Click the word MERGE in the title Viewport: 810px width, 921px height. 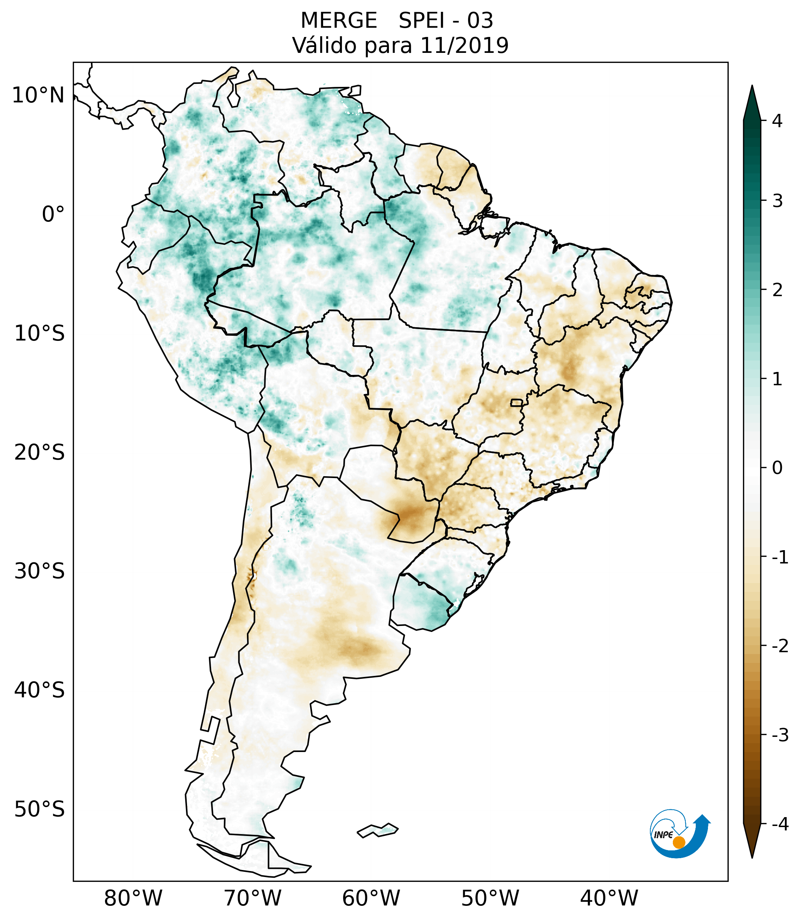pos(338,21)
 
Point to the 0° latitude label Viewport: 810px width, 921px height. pos(53,214)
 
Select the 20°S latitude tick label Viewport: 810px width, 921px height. pos(40,453)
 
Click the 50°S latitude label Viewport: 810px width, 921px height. pos(40,809)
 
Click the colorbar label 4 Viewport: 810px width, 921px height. pos(777,121)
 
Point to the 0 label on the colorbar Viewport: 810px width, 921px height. pos(777,468)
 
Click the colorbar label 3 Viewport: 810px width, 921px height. pos(777,201)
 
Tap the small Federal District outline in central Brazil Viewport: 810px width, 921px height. pos(517,402)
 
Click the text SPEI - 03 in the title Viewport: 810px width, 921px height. pos(445,21)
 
